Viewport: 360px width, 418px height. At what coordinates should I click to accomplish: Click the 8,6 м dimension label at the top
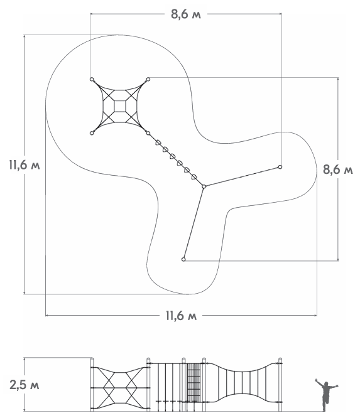[186, 14]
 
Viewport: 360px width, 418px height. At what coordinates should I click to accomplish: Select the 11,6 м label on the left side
[25, 165]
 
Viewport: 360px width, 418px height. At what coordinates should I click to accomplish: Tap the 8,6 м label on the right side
[338, 169]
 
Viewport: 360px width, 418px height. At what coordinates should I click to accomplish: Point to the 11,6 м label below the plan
[182, 316]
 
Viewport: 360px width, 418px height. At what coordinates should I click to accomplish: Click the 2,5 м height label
[25, 385]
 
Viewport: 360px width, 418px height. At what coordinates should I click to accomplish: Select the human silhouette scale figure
[326, 395]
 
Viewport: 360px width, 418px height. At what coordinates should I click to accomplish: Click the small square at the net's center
[120, 106]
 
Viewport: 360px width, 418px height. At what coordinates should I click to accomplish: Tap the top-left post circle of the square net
[92, 79]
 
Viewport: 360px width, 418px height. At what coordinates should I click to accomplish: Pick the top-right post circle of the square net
[148, 79]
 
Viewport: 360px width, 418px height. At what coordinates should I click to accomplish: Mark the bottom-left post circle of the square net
[92, 133]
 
